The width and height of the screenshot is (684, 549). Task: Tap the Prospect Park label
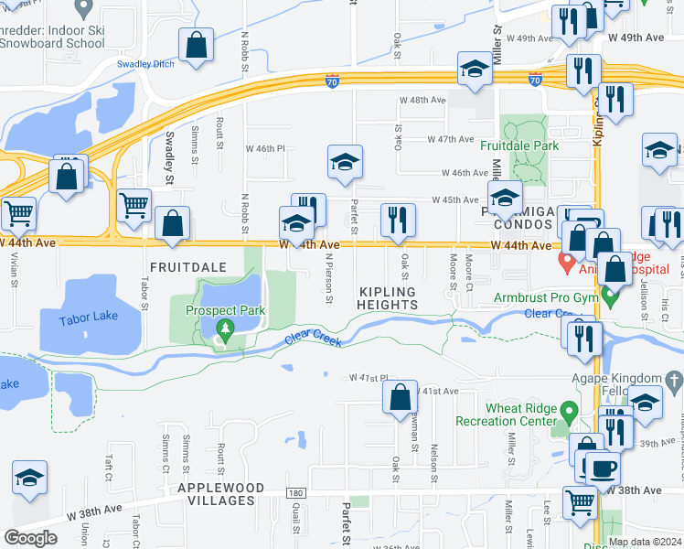click(225, 310)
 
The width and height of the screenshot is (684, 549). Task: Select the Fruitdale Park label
click(521, 145)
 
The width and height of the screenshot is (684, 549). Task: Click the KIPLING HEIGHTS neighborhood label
click(387, 297)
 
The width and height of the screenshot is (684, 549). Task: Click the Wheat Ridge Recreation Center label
click(517, 414)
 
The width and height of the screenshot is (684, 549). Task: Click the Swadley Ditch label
click(145, 64)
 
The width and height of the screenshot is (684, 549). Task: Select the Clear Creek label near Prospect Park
click(314, 339)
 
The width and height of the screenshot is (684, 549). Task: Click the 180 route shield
click(294, 494)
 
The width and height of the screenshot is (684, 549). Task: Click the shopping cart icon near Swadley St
click(134, 205)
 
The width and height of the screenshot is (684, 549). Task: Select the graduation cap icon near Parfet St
click(345, 162)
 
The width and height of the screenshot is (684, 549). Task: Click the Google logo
click(30, 538)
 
